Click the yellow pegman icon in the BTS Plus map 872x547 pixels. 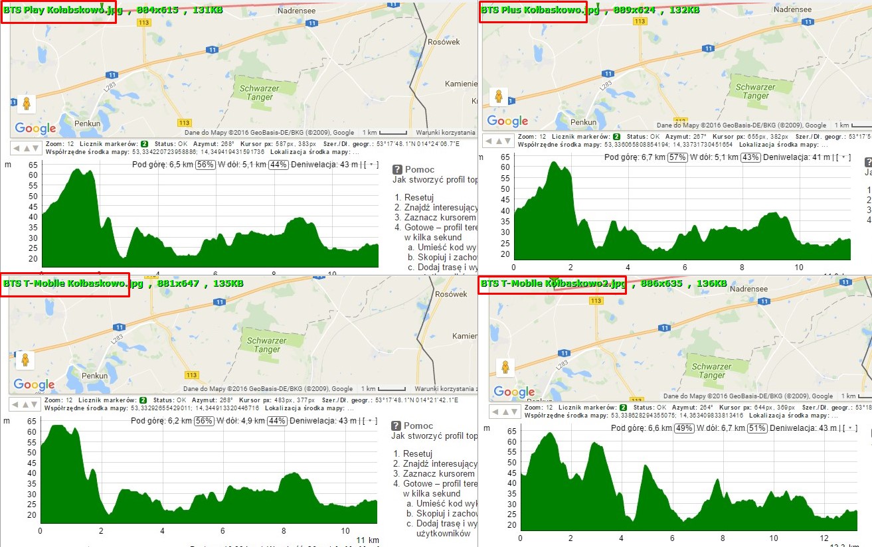(499, 96)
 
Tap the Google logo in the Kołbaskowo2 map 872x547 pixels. (514, 392)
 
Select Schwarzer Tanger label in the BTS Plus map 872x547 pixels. (755, 92)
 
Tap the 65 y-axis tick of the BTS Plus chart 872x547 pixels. (505, 157)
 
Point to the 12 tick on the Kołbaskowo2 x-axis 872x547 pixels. (824, 538)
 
